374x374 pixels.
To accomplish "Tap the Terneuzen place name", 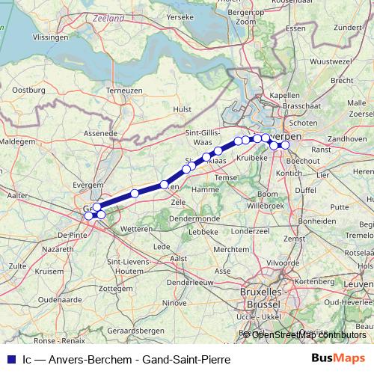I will pyautogui.click(x=124, y=90).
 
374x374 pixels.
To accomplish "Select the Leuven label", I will pyautogui.click(x=360, y=285).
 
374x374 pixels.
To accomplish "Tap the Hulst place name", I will pyautogui.click(x=183, y=108).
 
